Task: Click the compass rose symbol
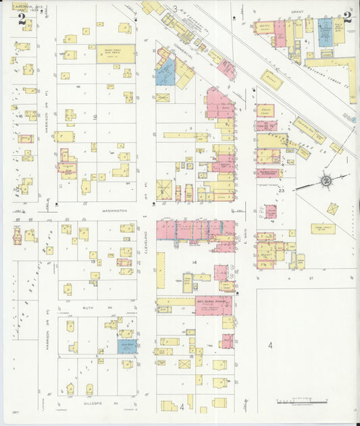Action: pyautogui.click(x=326, y=180)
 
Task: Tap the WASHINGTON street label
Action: pyautogui.click(x=115, y=211)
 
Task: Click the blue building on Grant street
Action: pyautogui.click(x=326, y=31)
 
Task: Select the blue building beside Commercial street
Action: pyautogui.click(x=165, y=74)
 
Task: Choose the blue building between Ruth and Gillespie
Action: pyautogui.click(x=127, y=346)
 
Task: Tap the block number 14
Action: pyautogui.click(x=195, y=261)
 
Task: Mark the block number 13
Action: pyautogui.click(x=93, y=261)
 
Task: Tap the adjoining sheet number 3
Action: pyautogui.click(x=175, y=9)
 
